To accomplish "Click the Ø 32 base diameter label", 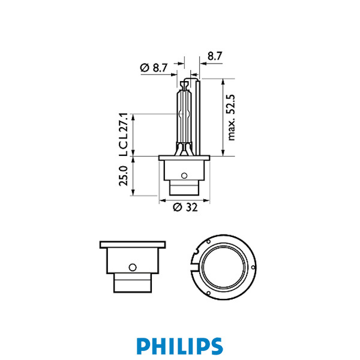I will tap(184, 208).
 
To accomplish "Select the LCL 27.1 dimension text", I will tap(124, 134).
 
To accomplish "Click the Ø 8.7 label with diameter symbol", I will tap(153, 68).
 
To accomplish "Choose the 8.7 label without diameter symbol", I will tap(215, 56).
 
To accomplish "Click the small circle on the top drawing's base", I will tap(184, 176).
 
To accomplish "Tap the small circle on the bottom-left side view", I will tap(133, 266).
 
